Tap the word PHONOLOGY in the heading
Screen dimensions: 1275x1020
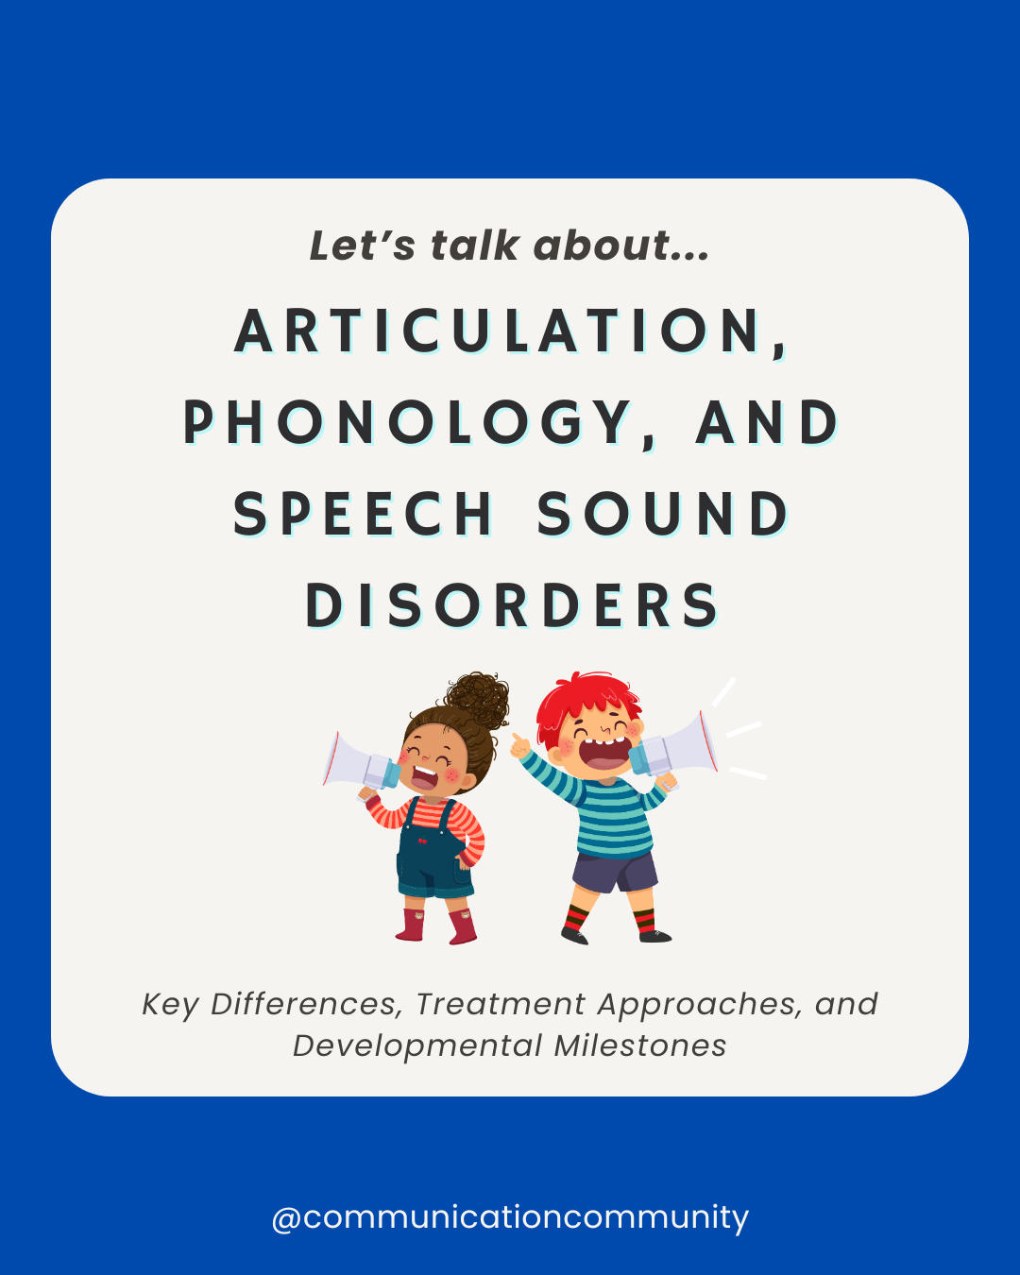point(408,422)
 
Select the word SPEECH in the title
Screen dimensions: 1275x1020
point(364,515)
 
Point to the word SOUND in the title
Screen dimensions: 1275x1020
point(663,515)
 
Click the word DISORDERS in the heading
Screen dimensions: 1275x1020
point(513,605)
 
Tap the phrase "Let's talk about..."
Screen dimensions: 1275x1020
point(510,246)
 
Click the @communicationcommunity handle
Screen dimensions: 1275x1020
point(510,1217)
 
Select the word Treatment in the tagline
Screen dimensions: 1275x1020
point(501,1004)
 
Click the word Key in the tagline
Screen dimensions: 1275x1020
point(170,1005)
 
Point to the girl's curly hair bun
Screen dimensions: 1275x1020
point(478,699)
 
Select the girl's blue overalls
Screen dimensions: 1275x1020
point(434,855)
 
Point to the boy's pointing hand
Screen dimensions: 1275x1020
point(520,746)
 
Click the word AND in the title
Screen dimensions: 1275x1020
point(767,422)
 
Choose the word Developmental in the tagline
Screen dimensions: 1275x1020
point(416,1046)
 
